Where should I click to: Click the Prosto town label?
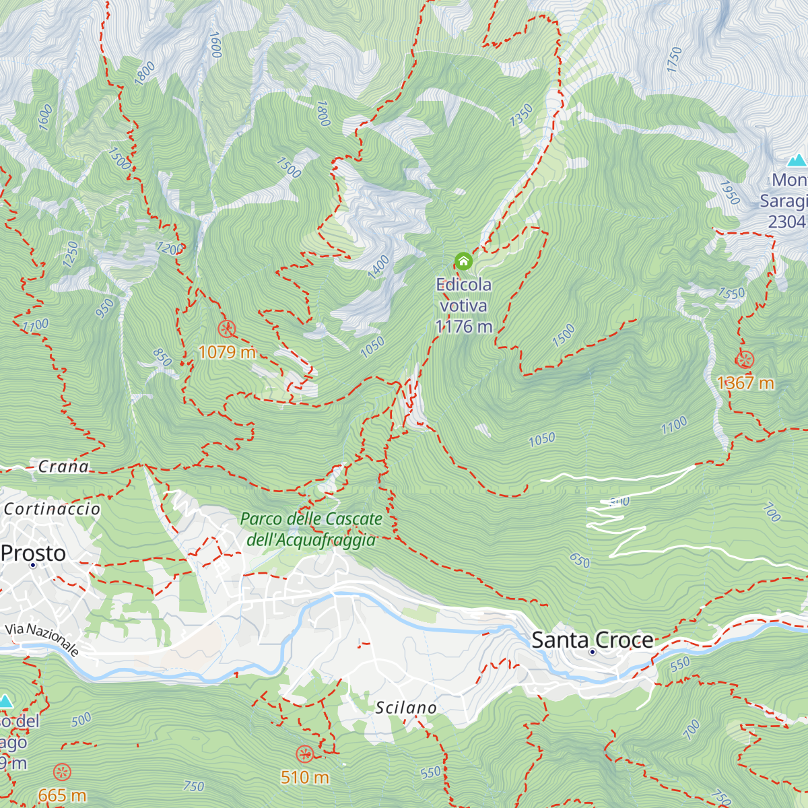tap(34, 553)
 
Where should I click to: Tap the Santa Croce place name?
tap(593, 640)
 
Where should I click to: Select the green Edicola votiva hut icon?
tap(463, 261)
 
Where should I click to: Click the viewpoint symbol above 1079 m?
tap(227, 329)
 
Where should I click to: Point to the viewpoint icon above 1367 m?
tap(745, 360)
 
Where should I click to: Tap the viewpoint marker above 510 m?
tap(304, 754)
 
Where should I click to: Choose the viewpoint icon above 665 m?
tap(62, 772)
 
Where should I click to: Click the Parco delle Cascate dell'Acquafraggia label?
tap(311, 529)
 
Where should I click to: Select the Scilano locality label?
tap(406, 708)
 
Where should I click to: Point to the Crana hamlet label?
tap(63, 467)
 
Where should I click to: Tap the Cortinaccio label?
tap(52, 509)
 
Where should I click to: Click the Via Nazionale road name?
tap(42, 639)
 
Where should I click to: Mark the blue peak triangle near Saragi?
tap(797, 160)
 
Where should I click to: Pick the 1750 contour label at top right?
tap(674, 59)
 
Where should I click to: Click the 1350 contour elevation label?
tap(521, 115)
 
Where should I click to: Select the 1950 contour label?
tap(729, 193)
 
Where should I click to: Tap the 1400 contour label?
tap(378, 267)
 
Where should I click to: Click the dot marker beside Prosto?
tap(32, 565)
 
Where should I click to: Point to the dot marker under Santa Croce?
tap(593, 652)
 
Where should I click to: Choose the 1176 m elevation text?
tap(464, 327)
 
